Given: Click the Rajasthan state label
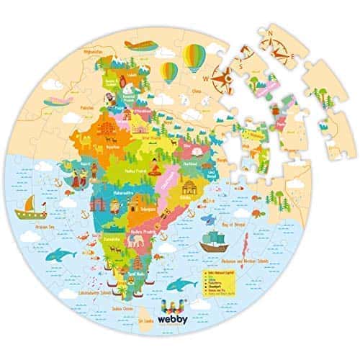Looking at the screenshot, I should tap(114, 143).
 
